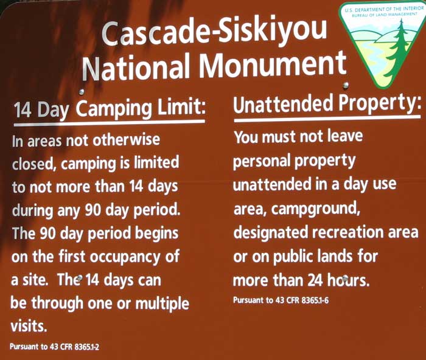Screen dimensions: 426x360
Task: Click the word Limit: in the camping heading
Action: pos(181,107)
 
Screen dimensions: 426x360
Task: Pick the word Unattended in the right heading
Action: pos(283,105)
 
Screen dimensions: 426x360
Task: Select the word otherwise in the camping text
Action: pos(126,140)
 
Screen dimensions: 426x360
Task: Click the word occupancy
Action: pos(125,257)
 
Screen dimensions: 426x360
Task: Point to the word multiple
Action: pos(162,304)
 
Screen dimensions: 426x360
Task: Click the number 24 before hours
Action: pos(315,280)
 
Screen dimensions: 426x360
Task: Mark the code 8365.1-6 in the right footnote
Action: pos(315,300)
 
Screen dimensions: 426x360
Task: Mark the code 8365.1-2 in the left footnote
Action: pos(87,347)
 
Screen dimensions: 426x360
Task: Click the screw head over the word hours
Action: pos(345,279)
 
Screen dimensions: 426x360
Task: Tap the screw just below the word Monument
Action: pos(346,86)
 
